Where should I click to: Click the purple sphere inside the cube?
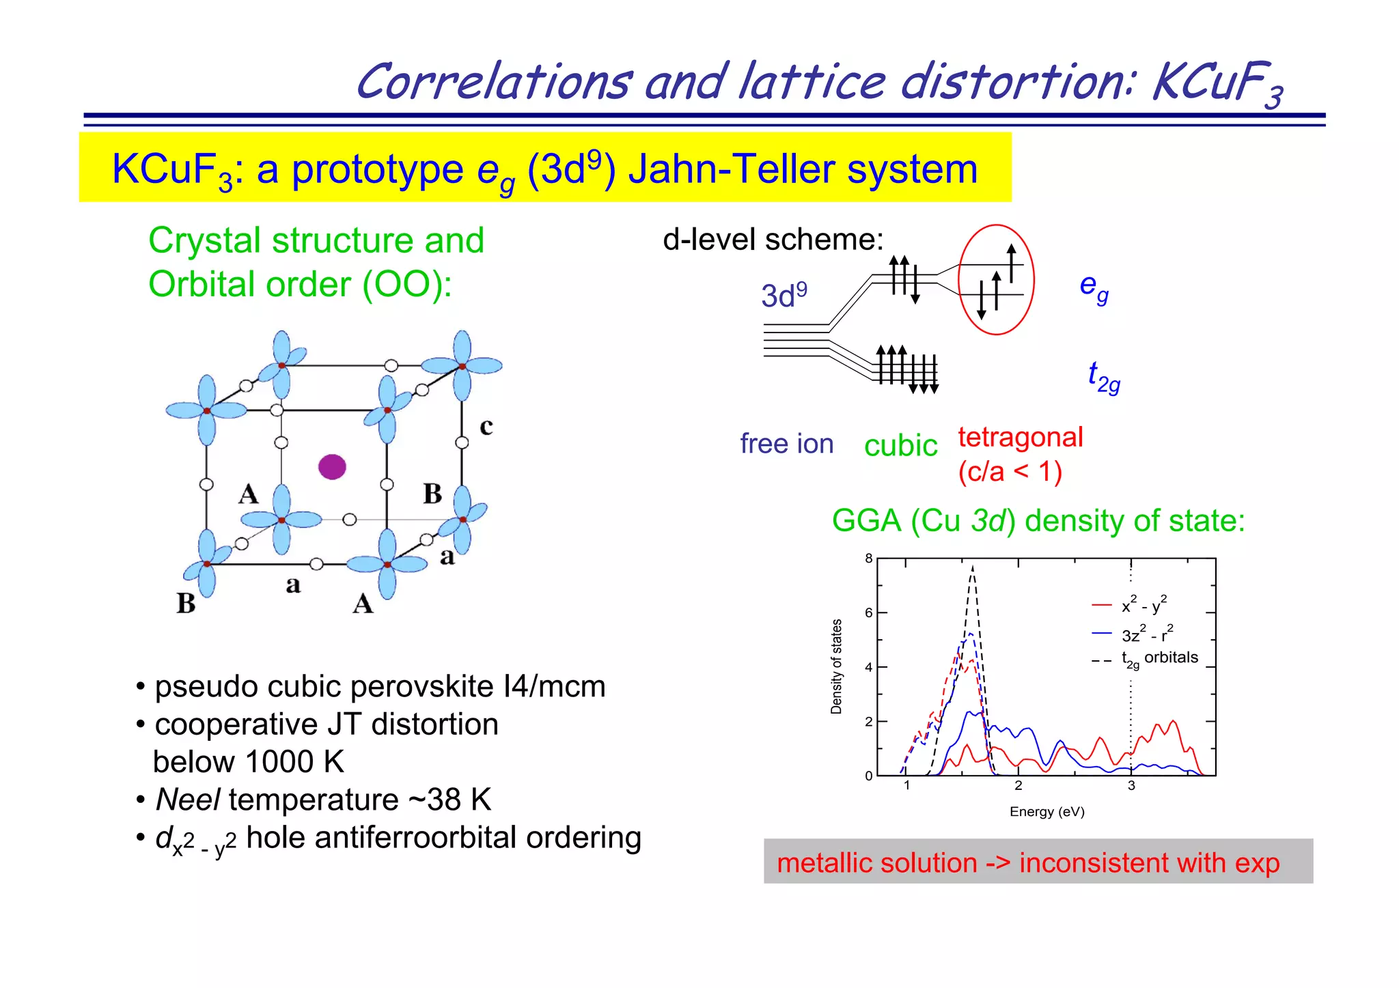pos(332,467)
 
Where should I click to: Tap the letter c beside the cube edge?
pos(486,427)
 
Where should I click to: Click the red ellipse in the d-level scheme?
pos(996,280)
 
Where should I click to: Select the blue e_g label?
pos(1094,287)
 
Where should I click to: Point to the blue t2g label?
pos(1103,377)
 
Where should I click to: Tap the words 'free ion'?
pos(787,444)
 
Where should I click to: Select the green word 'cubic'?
pos(900,446)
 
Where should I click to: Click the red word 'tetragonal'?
pos(1021,437)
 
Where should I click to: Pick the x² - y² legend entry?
pos(1144,605)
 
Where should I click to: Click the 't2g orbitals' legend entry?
pos(1159,658)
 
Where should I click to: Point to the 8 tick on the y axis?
pos(869,559)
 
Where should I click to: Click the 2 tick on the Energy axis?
pos(1019,786)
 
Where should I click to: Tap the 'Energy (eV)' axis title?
pos(1047,812)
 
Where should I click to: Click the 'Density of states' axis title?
pos(837,666)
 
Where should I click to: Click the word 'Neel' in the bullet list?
pos(188,800)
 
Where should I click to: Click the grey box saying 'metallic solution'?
pos(1038,862)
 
